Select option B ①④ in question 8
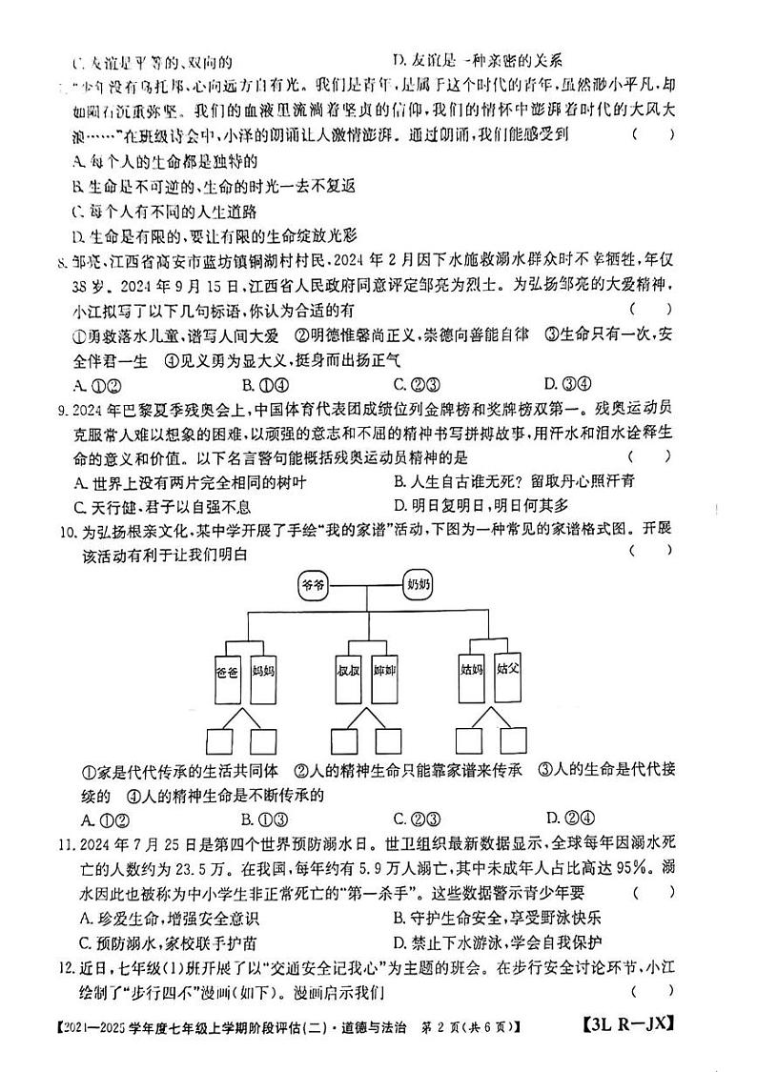(x=259, y=384)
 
